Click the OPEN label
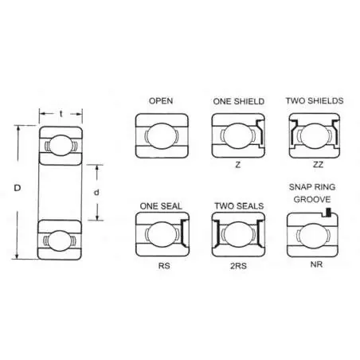pos(161,101)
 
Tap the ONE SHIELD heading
pos(239,101)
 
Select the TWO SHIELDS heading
pos(315,101)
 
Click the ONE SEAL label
pos(161,206)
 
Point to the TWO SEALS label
pos(239,206)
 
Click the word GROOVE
pos(312,199)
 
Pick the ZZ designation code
pos(318,165)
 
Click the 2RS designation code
pos(238,266)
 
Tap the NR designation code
pos(316,264)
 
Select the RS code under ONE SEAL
pos(164,266)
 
